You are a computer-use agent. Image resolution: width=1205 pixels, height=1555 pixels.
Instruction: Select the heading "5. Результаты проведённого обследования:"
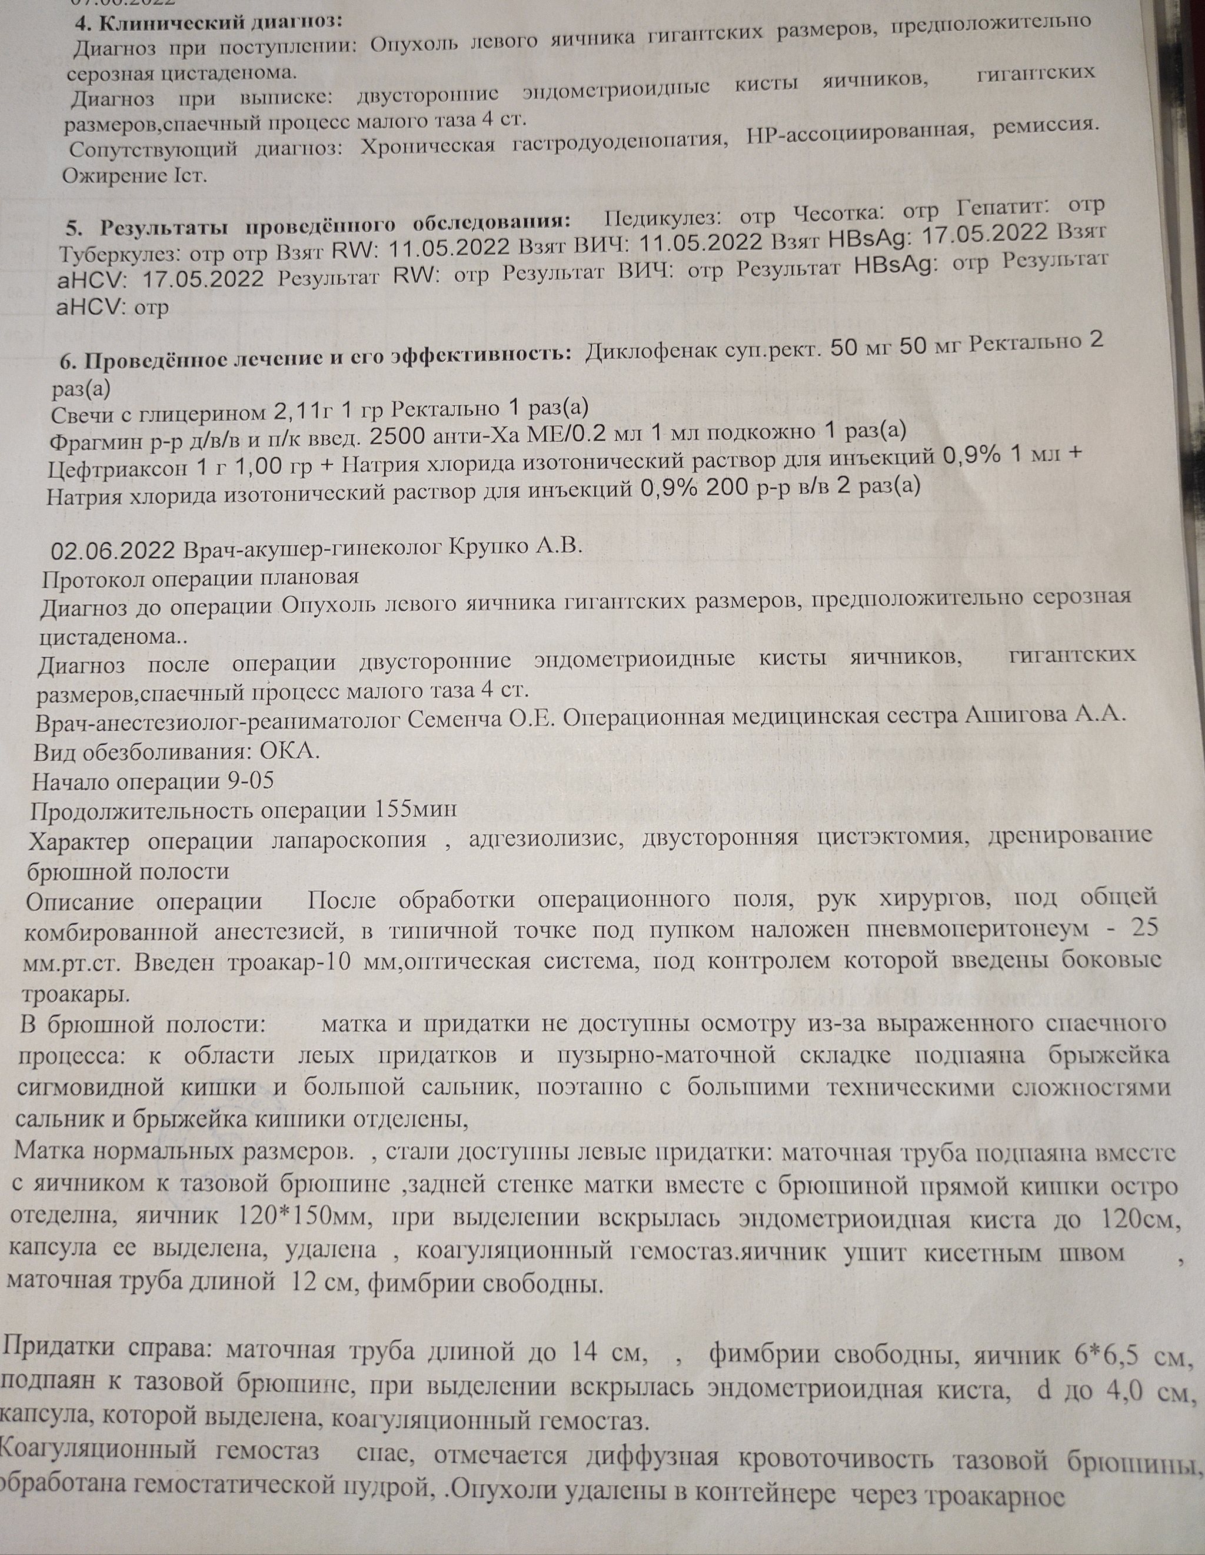(317, 225)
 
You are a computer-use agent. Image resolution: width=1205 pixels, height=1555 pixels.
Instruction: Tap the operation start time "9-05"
(250, 781)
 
